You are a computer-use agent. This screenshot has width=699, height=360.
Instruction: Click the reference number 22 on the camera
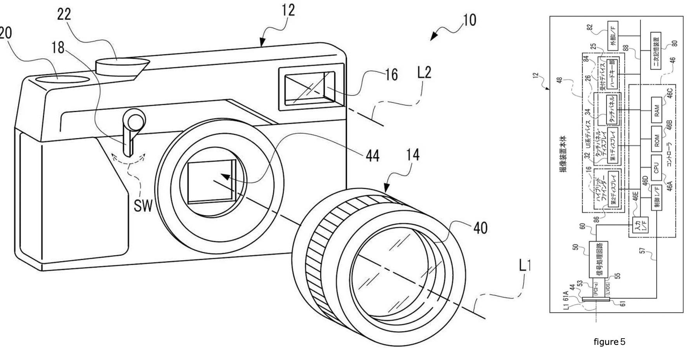[64, 14]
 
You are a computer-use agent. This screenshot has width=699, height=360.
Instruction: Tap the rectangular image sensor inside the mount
[210, 181]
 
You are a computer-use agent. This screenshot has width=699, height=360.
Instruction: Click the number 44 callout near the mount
[372, 156]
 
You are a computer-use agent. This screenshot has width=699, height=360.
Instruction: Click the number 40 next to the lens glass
[480, 228]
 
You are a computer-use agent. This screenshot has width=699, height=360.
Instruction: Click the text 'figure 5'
[609, 342]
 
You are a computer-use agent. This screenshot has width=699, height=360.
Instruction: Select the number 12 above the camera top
[288, 10]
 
